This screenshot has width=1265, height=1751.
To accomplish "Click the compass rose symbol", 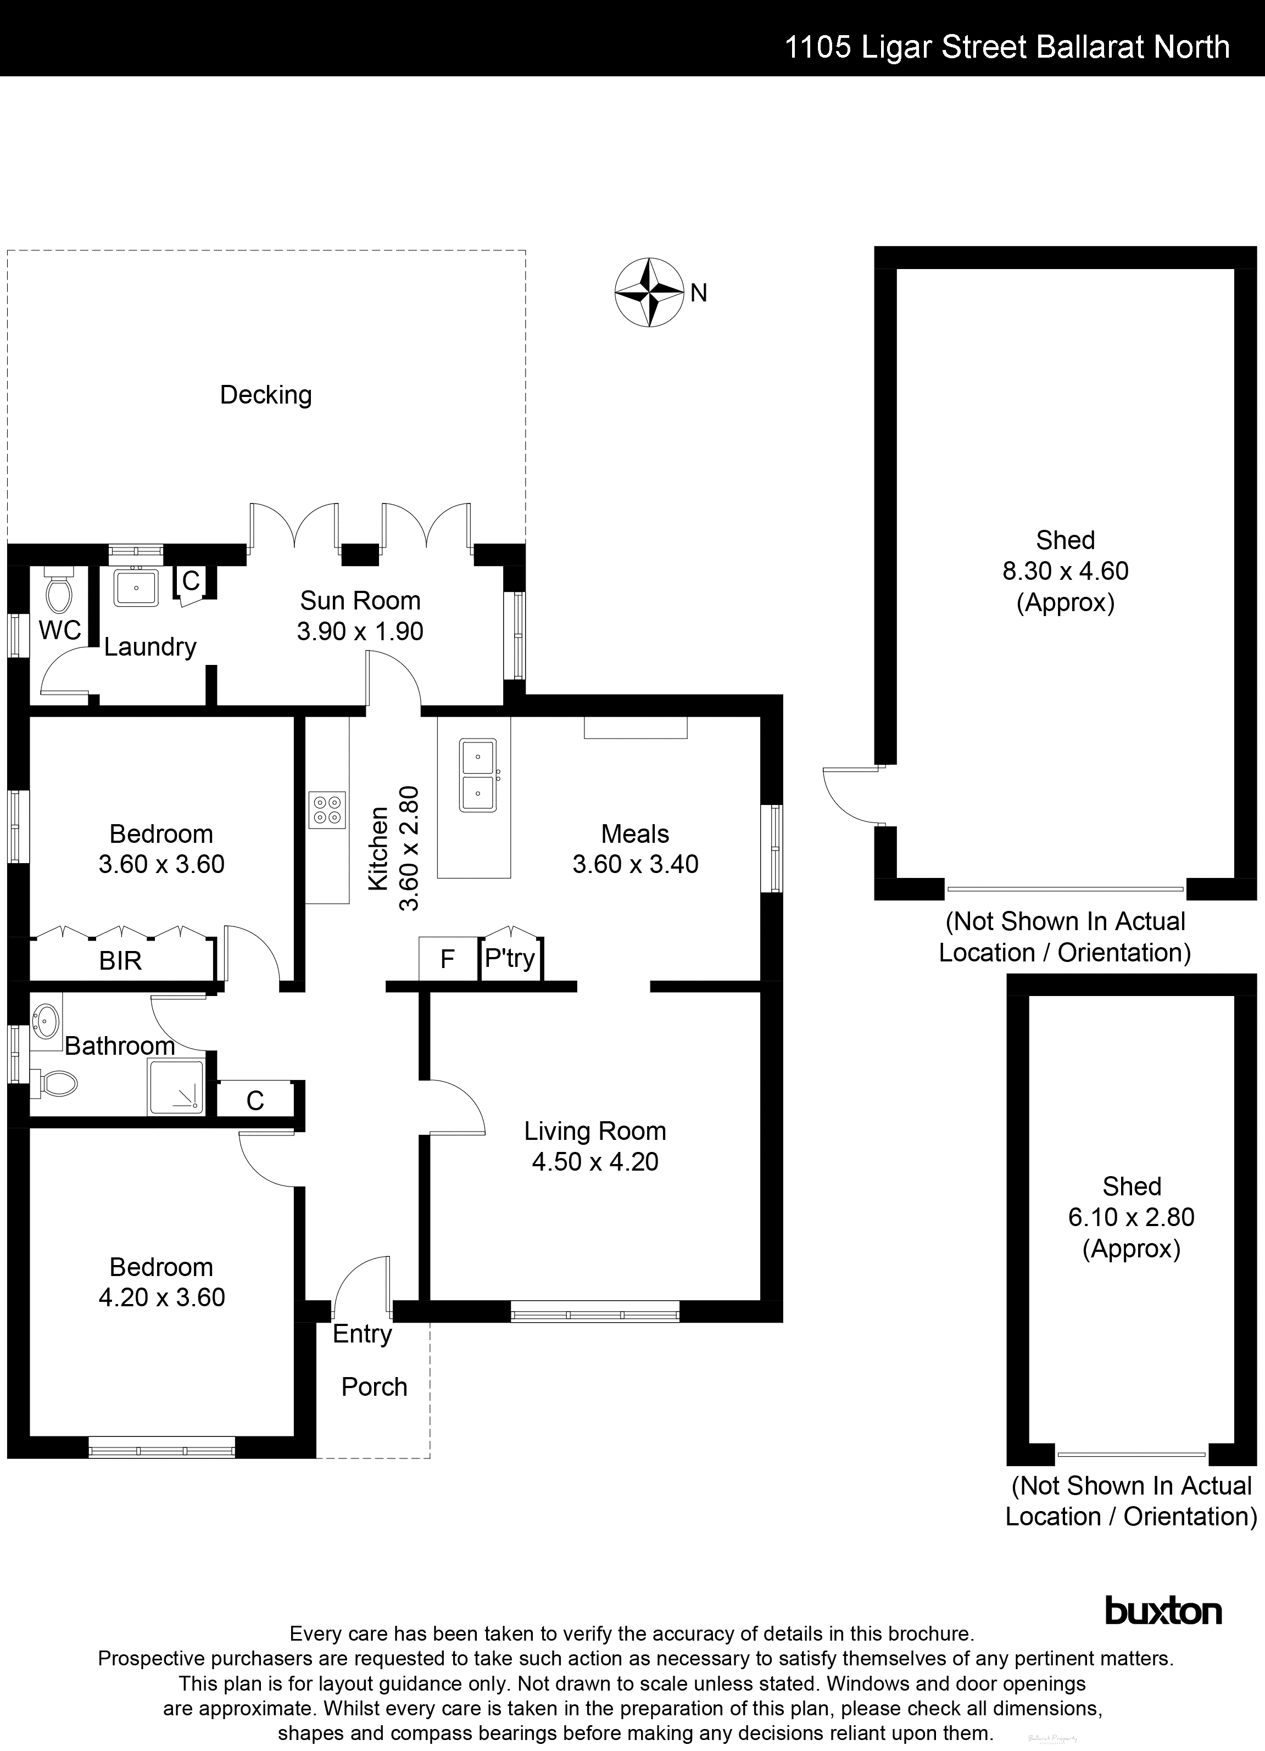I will [649, 292].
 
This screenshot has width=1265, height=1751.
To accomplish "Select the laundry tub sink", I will [137, 588].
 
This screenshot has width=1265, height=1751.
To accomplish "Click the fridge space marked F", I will [447, 959].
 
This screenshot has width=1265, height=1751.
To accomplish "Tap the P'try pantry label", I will [510, 958].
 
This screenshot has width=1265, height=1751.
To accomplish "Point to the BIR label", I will [120, 961].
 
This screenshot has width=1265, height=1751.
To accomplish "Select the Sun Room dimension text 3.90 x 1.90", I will [360, 631].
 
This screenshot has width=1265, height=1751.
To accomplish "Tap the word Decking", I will [266, 395].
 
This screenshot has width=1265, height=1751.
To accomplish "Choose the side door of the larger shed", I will [854, 795].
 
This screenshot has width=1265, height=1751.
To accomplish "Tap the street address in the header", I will [1006, 48].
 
